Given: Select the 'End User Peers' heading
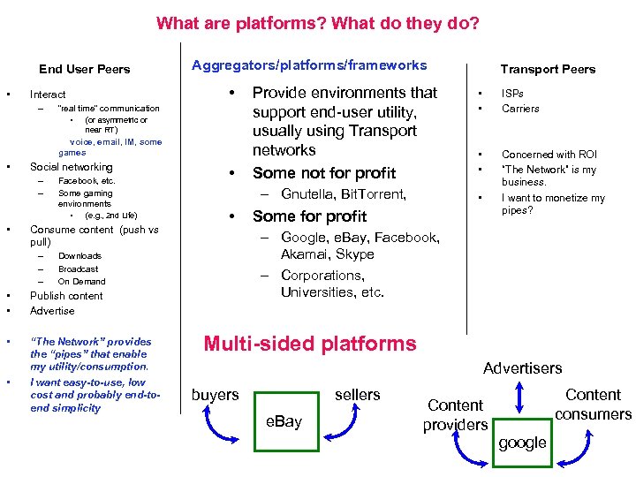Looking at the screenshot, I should (84, 69).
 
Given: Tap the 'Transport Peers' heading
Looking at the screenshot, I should (548, 69).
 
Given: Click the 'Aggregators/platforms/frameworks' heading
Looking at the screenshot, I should (309, 64).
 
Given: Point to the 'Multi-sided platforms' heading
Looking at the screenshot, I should (309, 344).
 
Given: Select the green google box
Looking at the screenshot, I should (522, 443).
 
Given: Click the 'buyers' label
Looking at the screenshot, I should (215, 395).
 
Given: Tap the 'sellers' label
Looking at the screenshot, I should (358, 395).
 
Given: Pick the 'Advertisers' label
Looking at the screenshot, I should (522, 367).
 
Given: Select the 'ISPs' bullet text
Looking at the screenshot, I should (512, 93).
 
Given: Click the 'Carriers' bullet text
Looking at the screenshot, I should (520, 109).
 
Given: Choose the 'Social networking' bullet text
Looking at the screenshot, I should (72, 167).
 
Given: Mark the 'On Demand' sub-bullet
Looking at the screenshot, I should (81, 282).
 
